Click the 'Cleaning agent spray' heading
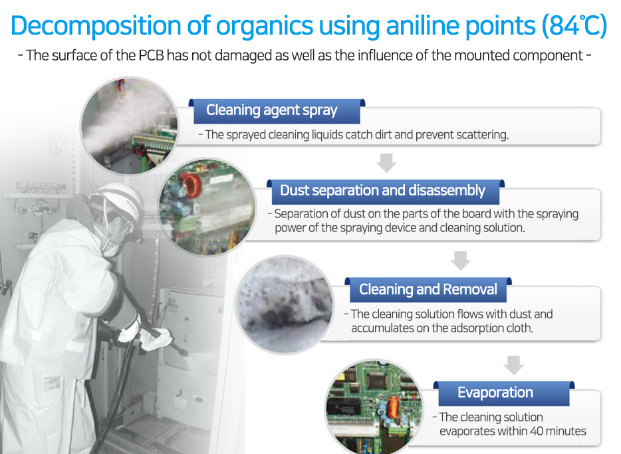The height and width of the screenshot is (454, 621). [272, 110]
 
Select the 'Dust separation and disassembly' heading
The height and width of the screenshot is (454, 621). [382, 190]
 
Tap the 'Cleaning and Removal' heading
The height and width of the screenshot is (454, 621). [428, 289]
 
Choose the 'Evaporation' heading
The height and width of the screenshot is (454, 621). [495, 392]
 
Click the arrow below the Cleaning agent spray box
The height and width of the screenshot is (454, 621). [386, 163]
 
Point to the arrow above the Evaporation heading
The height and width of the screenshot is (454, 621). [514, 365]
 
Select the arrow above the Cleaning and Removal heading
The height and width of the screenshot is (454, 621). [461, 261]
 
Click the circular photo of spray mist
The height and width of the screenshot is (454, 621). [130, 126]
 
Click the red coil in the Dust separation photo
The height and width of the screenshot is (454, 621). [191, 185]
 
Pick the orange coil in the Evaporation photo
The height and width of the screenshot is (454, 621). [392, 407]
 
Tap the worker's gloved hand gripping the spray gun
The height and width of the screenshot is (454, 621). [157, 339]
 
